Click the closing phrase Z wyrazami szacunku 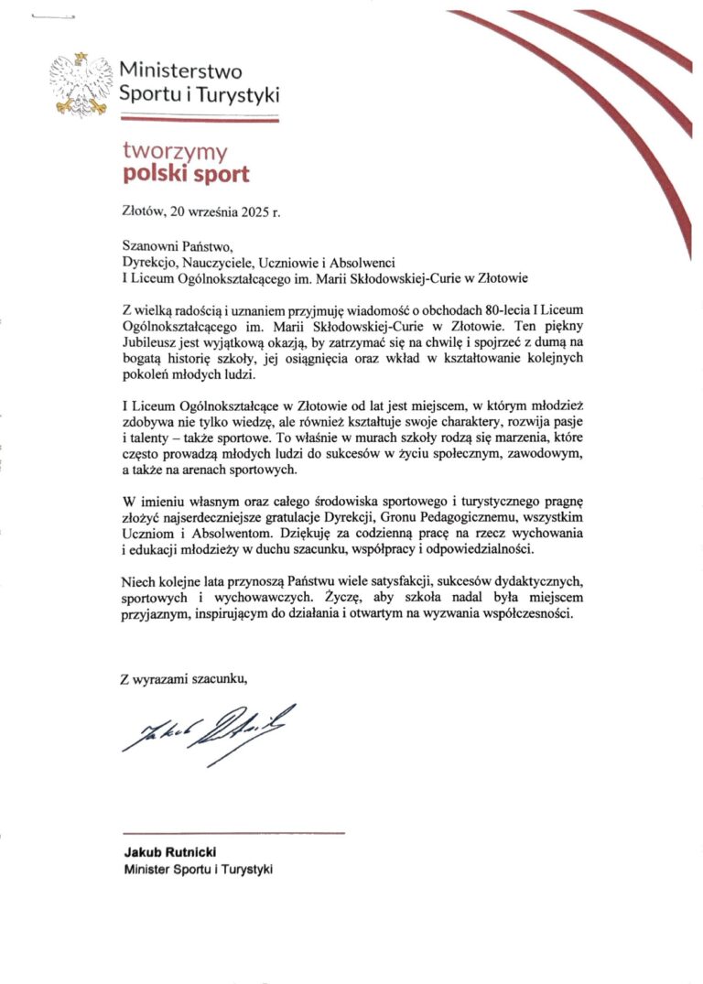[184, 678]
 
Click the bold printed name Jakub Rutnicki [164, 852]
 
